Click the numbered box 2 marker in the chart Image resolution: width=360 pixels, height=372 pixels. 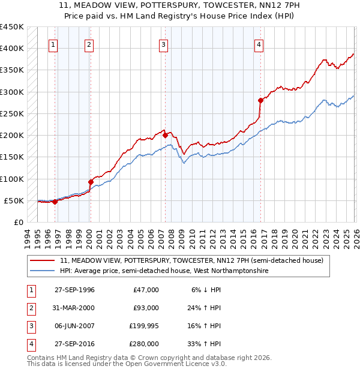[x=89, y=44]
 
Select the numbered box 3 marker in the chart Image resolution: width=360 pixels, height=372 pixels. [x=163, y=44]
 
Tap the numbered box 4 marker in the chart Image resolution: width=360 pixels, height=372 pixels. [x=259, y=44]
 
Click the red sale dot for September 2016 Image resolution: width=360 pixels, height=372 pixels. [x=260, y=100]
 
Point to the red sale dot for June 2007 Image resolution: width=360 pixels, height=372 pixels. [x=165, y=135]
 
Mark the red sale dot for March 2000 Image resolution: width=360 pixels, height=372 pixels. [x=91, y=181]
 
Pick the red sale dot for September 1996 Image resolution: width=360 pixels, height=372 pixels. [x=55, y=202]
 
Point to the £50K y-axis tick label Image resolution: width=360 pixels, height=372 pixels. [x=14, y=200]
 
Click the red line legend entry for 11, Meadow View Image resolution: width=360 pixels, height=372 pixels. [x=191, y=260]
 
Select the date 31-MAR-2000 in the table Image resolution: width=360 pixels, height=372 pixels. [x=74, y=308]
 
